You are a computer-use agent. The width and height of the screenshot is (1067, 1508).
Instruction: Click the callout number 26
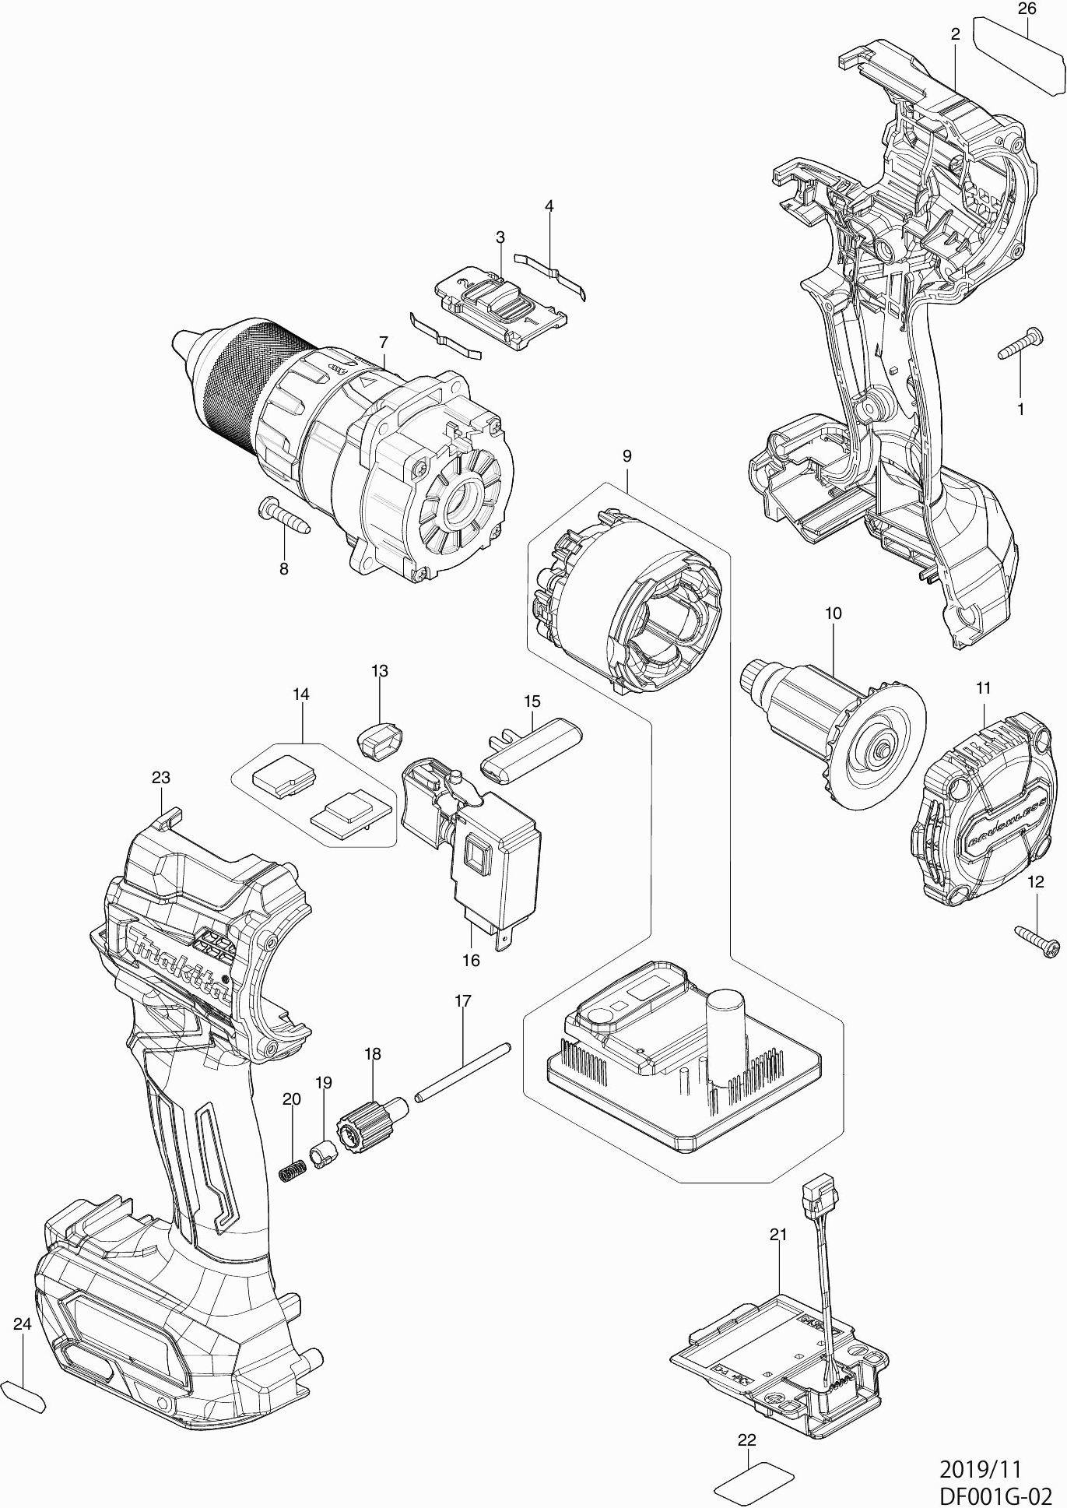pyautogui.click(x=1027, y=9)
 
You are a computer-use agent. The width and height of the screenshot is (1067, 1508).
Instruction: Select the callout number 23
pyautogui.click(x=161, y=778)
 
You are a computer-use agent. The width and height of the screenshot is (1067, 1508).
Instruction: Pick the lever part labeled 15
pyautogui.click(x=532, y=750)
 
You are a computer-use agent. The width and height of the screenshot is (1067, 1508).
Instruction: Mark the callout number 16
pyautogui.click(x=471, y=961)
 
